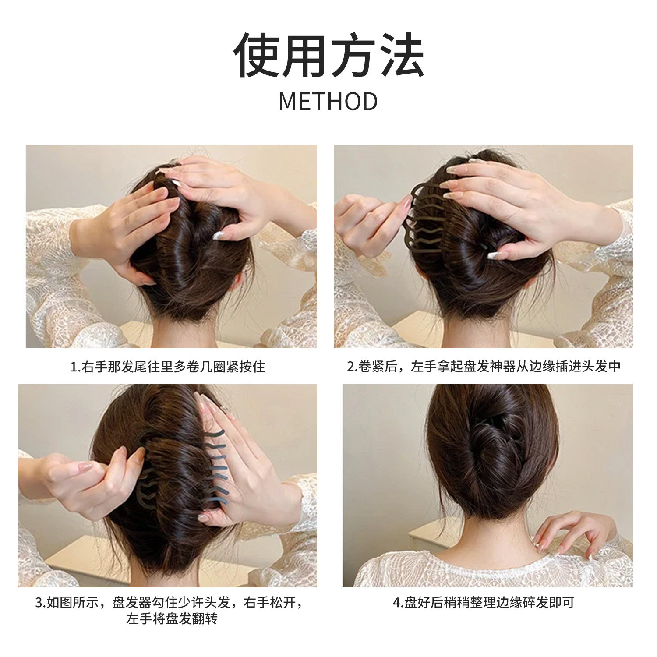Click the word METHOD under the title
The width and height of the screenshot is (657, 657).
click(x=328, y=102)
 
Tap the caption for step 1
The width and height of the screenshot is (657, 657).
click(x=168, y=367)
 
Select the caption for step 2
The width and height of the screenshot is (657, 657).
click(x=484, y=367)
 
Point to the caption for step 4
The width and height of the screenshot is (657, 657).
click(x=484, y=603)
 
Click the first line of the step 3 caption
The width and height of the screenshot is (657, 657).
click(x=169, y=603)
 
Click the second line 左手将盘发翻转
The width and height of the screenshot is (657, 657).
click(x=172, y=619)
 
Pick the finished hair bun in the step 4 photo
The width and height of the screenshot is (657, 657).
click(x=491, y=442)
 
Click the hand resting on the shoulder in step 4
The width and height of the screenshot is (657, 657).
click(x=574, y=532)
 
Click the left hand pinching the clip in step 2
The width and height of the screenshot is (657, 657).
click(x=368, y=223)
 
